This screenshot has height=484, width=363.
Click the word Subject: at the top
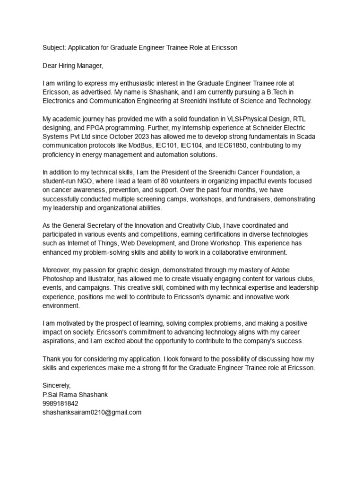tap(54, 48)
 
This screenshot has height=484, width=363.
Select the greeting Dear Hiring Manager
tap(72, 65)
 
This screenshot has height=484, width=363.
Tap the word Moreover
tap(57, 270)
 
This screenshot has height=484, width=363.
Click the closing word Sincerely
tap(56, 386)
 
